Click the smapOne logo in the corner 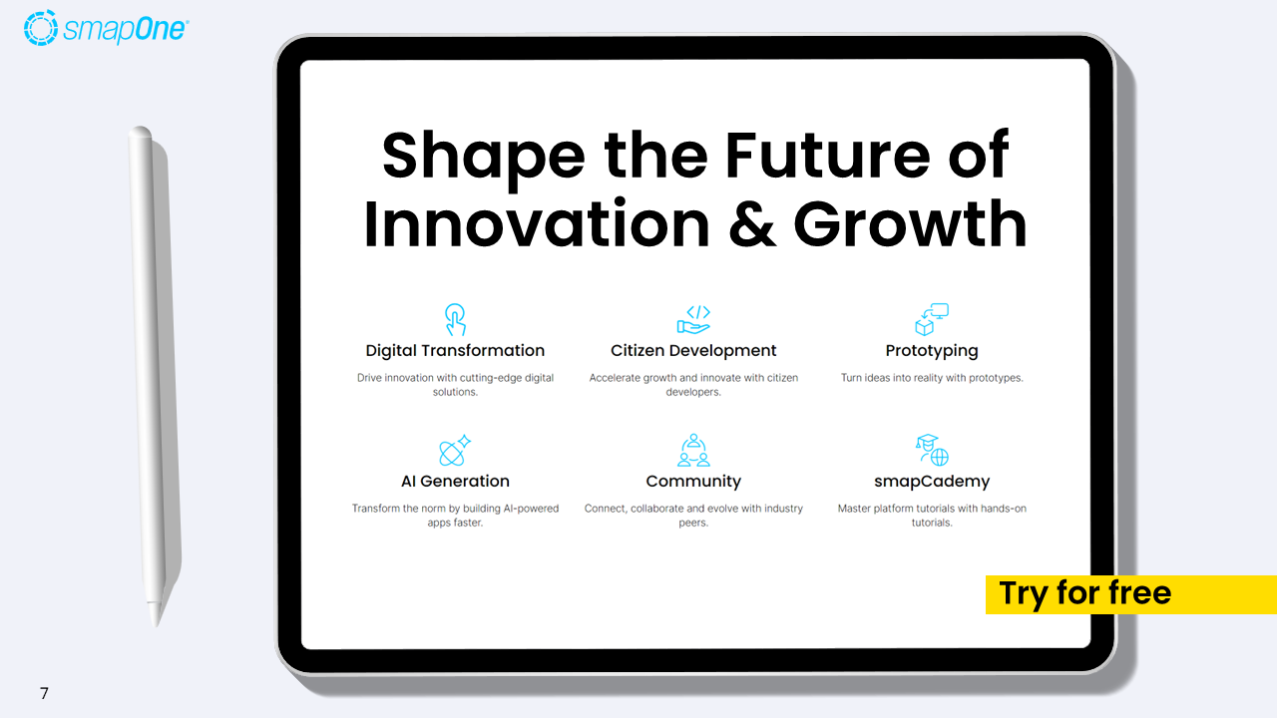point(105,28)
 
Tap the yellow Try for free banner point(1129,594)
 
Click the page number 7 point(44,693)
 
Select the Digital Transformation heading point(455,351)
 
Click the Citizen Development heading point(693,351)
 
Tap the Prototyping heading point(932,351)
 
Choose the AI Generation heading point(455,482)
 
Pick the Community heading point(693,482)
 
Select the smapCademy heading point(932,482)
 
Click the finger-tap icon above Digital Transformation point(455,319)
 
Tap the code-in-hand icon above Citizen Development point(693,319)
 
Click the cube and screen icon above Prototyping point(932,319)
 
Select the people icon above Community point(693,450)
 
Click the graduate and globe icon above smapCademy point(932,450)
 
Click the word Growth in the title point(910,225)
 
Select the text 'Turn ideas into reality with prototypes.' point(932,378)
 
